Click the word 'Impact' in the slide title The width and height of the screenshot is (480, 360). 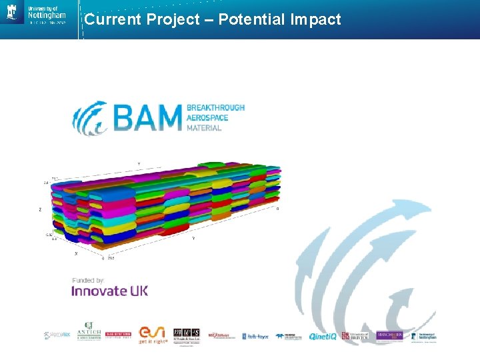(x=315, y=20)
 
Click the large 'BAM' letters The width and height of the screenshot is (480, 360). (x=147, y=117)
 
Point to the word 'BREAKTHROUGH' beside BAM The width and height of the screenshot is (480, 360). (x=215, y=107)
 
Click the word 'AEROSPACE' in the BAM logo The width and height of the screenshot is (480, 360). (x=207, y=117)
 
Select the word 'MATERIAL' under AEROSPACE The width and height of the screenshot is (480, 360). (x=204, y=127)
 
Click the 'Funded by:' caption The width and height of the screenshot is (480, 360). (x=88, y=280)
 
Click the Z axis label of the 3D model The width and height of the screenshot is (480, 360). (x=40, y=209)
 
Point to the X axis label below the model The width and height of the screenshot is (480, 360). (x=75, y=253)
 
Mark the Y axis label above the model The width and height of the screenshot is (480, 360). (x=139, y=163)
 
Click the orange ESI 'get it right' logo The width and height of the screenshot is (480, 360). (x=153, y=334)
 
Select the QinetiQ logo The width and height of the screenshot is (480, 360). (x=323, y=336)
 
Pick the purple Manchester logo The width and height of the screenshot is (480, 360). (x=390, y=335)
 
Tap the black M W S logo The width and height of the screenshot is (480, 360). (x=187, y=335)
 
